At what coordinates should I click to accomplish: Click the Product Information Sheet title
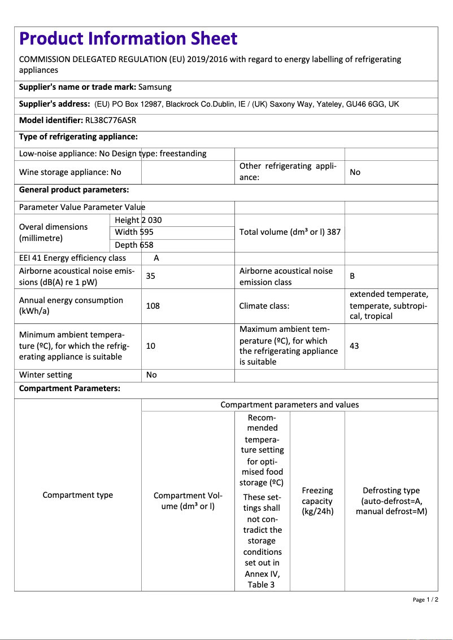click(128, 38)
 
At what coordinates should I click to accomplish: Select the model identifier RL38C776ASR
click(110, 120)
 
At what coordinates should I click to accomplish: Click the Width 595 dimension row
click(134, 232)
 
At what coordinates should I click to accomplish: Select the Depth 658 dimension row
click(134, 245)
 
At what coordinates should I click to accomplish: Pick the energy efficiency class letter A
click(156, 258)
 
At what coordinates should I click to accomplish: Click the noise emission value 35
click(151, 276)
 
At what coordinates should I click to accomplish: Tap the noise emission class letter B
click(352, 276)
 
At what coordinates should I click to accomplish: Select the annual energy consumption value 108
click(153, 305)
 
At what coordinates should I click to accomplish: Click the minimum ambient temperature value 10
click(151, 345)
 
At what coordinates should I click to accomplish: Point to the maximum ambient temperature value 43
click(354, 345)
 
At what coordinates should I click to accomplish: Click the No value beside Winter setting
click(151, 375)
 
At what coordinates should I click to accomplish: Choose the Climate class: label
click(264, 305)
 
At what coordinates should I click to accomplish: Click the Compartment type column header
click(78, 495)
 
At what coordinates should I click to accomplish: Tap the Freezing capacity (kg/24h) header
click(317, 501)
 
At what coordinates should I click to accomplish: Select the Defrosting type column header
click(391, 501)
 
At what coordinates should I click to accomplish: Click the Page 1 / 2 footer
click(425, 599)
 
